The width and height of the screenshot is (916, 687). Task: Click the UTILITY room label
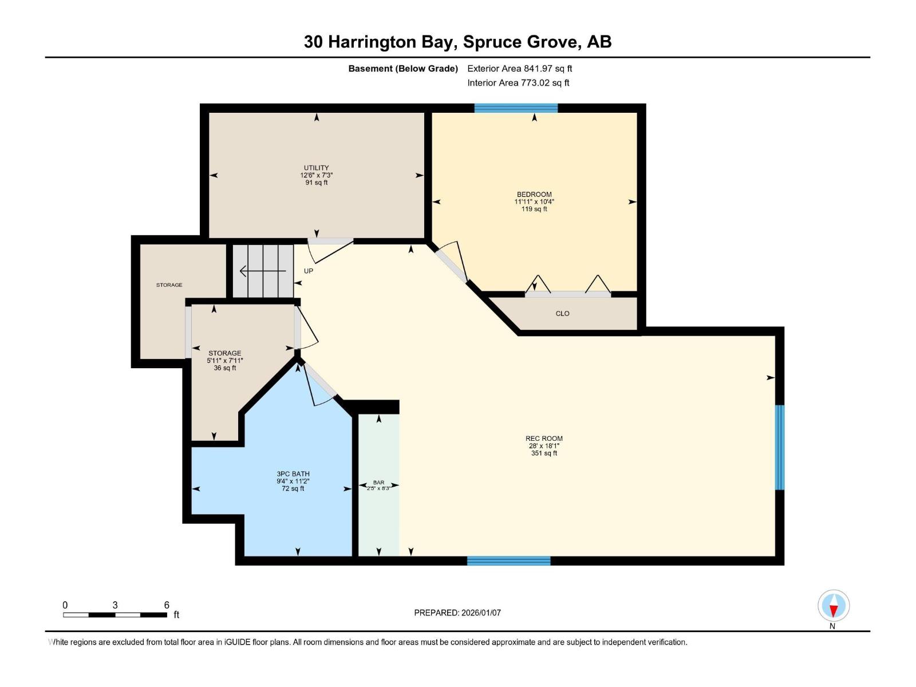316,168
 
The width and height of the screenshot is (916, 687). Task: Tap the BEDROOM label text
534,194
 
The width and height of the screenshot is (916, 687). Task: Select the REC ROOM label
544,439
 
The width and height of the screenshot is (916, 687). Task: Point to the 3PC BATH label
293,474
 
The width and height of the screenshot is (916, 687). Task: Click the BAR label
378,483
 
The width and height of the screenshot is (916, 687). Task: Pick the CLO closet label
562,314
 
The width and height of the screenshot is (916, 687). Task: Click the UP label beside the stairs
309,271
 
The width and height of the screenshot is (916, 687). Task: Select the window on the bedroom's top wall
516,108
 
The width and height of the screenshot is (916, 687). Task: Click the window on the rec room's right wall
779,447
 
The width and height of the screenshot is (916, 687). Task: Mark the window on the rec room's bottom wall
508,561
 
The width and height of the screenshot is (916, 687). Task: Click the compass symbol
834,606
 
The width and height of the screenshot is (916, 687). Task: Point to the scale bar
115,615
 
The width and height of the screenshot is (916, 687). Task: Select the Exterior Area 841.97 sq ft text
519,69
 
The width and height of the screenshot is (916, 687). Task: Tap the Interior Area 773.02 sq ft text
518,83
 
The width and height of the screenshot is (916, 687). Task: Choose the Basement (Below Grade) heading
403,69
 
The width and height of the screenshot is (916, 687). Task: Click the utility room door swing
330,250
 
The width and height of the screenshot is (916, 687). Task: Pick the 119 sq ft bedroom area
534,209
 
